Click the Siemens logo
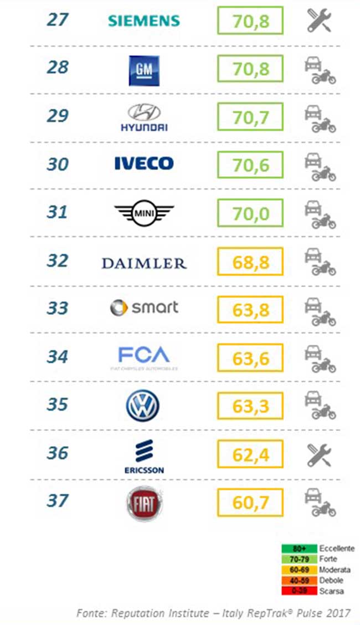(x=144, y=21)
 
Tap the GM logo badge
(x=144, y=70)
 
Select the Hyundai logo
(x=144, y=118)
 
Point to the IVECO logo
(x=144, y=163)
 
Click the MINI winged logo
(x=144, y=213)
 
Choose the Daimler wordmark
(x=144, y=263)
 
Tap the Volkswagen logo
(x=143, y=406)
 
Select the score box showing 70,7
(x=250, y=117)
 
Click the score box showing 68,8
(x=250, y=262)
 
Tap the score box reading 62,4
(x=250, y=455)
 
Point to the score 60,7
(x=250, y=503)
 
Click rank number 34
(x=58, y=357)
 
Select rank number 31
(x=58, y=212)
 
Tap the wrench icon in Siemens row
(x=319, y=21)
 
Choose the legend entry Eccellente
(x=337, y=548)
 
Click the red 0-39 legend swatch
(x=299, y=591)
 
